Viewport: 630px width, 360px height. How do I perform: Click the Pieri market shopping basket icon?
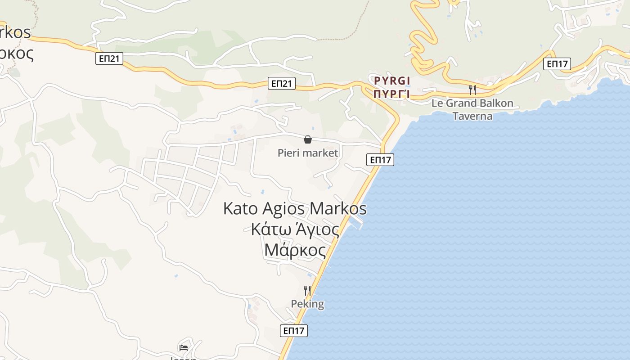pos(308,139)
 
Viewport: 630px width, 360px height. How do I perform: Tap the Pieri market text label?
pos(308,153)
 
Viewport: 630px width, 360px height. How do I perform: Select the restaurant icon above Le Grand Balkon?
pos(472,90)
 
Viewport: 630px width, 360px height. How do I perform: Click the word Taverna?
pos(472,116)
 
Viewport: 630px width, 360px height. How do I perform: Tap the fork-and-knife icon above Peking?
pos(307,290)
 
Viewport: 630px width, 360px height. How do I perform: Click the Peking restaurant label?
pos(307,304)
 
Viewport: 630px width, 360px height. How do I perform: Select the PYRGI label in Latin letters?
pos(392,81)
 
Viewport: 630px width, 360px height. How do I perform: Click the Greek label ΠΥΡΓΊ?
pos(392,94)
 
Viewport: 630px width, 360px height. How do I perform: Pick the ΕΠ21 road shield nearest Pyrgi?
pos(282,83)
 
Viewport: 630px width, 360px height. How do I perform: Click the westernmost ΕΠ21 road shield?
pos(109,58)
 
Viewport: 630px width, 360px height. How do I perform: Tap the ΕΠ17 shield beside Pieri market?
pos(380,159)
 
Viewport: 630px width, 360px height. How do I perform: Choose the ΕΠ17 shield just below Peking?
pos(294,331)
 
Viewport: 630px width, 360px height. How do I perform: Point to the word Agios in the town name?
pos(284,209)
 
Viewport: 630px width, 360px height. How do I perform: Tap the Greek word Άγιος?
pos(317,229)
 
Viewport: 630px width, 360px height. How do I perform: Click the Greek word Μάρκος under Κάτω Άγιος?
pos(295,250)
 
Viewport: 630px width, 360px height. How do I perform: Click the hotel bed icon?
pos(184,347)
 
